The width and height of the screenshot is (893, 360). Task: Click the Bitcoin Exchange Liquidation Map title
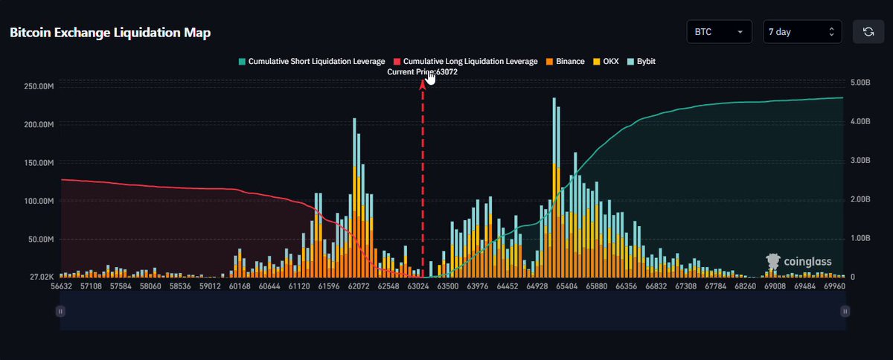point(110,32)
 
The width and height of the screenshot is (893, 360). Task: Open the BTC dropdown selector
point(719,31)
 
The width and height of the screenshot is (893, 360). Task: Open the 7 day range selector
point(802,31)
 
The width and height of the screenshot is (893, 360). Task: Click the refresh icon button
point(868,31)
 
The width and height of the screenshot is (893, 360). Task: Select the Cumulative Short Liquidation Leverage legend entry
point(312,62)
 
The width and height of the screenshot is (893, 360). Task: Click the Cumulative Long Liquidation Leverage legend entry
point(466,62)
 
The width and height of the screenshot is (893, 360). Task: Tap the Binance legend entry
point(566,62)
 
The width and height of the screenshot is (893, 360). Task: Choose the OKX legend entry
point(606,62)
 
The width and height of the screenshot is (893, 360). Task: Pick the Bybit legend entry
point(641,62)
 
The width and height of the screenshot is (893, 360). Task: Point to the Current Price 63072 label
point(422,72)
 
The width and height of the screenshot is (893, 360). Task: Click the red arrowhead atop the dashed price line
point(423,85)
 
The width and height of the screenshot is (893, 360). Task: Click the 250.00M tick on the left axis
point(39,86)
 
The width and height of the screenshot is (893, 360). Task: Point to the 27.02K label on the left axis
point(42,277)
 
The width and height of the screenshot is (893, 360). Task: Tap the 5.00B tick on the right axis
point(860,83)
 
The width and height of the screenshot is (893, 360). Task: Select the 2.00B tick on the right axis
point(860,199)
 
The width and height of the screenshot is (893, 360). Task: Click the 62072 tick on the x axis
point(359,286)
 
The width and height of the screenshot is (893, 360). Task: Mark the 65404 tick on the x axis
point(566,286)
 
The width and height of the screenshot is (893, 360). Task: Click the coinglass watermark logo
point(798,262)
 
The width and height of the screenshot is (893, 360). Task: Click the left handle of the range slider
point(60,311)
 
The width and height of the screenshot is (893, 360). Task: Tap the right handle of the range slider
point(845,311)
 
